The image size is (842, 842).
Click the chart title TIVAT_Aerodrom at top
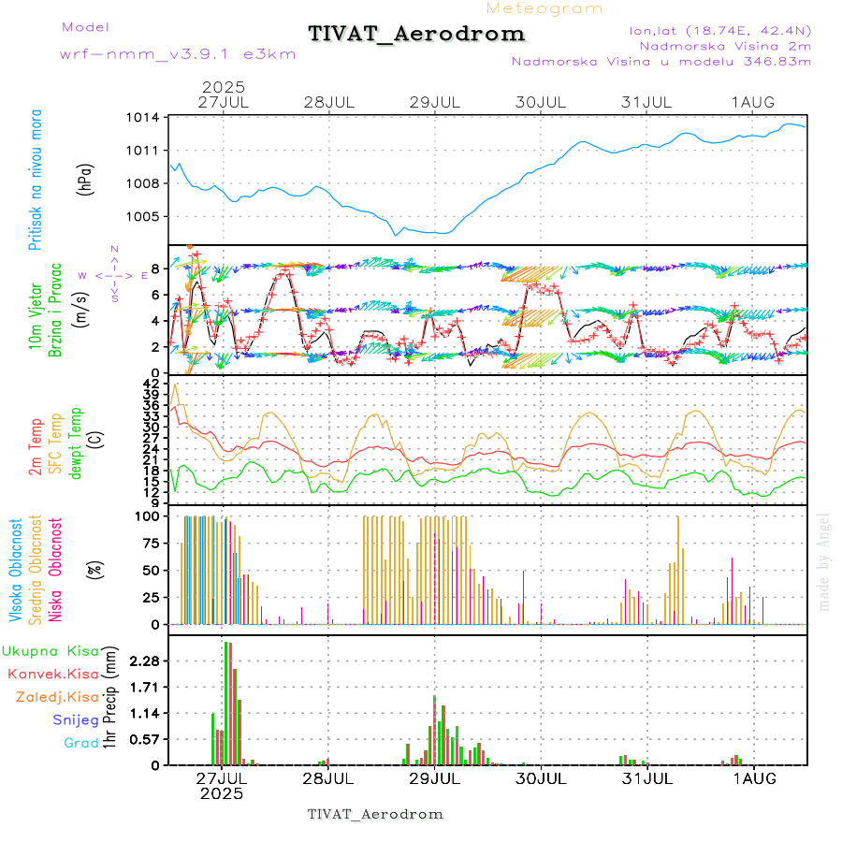click(416, 34)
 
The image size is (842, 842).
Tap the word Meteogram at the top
click(544, 8)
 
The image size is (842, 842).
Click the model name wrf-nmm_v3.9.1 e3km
click(178, 54)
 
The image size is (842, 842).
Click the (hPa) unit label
click(86, 179)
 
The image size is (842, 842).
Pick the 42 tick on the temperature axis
click(151, 384)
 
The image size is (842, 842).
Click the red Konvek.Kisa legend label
click(53, 674)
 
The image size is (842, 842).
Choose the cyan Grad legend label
click(81, 743)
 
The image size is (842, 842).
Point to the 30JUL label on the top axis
click(542, 102)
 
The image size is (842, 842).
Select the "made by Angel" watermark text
click(824, 561)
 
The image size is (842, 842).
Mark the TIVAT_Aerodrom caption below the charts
click(375, 814)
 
